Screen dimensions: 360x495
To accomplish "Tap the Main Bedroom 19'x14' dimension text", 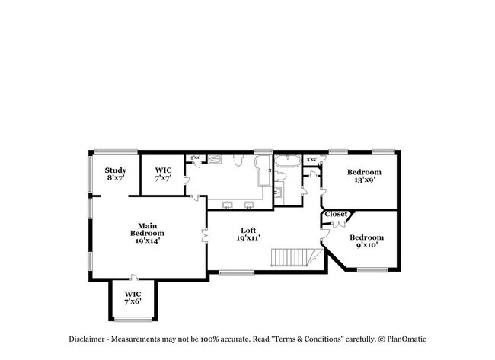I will [147, 241].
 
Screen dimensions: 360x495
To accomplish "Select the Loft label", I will [248, 231].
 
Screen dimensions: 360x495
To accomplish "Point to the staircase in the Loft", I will [294, 257].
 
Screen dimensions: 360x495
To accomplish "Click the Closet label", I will [336, 215].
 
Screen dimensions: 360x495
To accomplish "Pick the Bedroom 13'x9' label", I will [364, 177].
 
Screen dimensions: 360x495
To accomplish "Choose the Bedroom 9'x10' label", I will [366, 241].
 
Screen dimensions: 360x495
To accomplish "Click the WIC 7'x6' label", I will [133, 297].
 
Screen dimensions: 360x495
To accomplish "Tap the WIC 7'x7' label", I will [163, 174].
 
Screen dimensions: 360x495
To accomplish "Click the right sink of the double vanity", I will [249, 204].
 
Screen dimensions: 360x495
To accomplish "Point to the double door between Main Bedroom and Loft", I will [204, 234].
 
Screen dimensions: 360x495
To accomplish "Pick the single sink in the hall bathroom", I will [278, 192].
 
